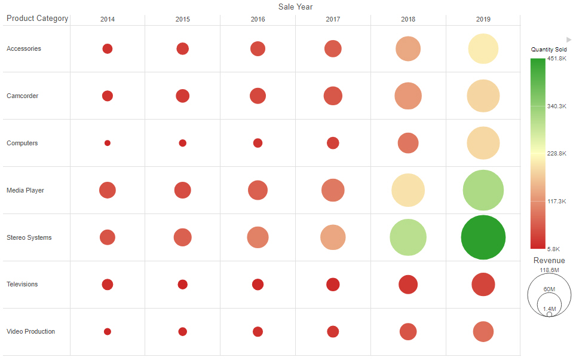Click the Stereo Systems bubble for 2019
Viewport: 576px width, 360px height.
(483, 237)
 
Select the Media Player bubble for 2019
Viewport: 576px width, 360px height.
(483, 190)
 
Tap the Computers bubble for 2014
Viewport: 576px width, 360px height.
(108, 143)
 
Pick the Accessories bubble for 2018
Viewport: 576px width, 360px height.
(408, 49)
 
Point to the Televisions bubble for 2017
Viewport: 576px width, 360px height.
(333, 285)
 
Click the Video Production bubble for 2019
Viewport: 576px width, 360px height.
(483, 331)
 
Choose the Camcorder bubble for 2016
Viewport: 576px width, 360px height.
(258, 96)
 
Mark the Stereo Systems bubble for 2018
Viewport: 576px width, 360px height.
(408, 237)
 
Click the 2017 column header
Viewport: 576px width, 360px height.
(333, 19)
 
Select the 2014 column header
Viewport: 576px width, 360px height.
(108, 19)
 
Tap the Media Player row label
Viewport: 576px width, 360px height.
(25, 190)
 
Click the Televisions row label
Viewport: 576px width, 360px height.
(22, 284)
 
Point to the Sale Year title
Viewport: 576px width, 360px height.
(295, 7)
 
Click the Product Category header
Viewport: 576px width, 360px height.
(38, 19)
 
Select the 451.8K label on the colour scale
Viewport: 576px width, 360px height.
(557, 59)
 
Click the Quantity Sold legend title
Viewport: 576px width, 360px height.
(549, 50)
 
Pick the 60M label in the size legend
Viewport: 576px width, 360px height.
(549, 289)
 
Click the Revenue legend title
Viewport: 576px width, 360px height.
(549, 261)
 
